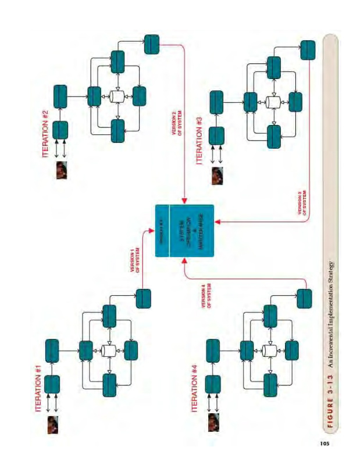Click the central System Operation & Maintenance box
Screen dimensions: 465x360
(x=185, y=231)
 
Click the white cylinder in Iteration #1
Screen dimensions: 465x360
(x=109, y=350)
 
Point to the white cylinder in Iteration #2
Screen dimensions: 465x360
(x=117, y=96)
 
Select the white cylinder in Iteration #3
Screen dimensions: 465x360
(x=272, y=102)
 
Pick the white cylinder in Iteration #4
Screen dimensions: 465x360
(x=269, y=351)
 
